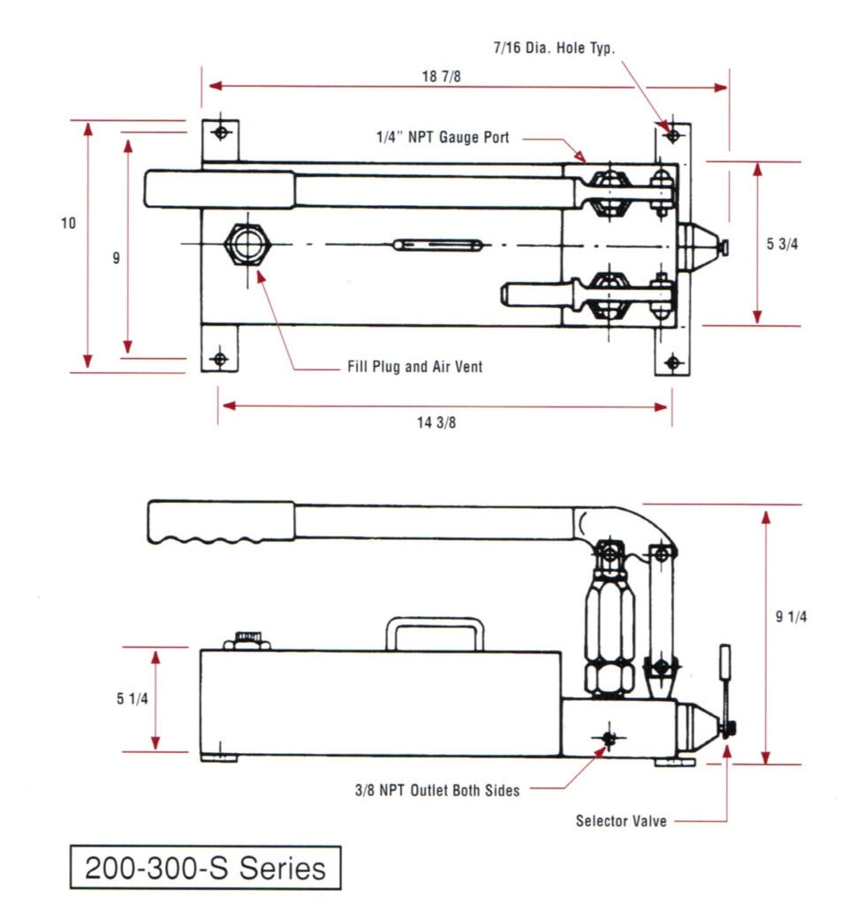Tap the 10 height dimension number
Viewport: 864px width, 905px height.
tap(68, 224)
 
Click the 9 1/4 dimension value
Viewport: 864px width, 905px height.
tap(791, 617)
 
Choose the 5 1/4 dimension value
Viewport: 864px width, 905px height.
tap(132, 699)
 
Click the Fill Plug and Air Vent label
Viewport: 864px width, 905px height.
tap(414, 367)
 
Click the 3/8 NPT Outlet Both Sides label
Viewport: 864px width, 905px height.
tap(437, 790)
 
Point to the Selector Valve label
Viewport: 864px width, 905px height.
tap(621, 821)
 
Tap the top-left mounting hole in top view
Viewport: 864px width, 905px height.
tap(220, 133)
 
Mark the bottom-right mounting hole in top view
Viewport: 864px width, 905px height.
tap(672, 361)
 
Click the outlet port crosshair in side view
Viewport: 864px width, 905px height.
tap(608, 738)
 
